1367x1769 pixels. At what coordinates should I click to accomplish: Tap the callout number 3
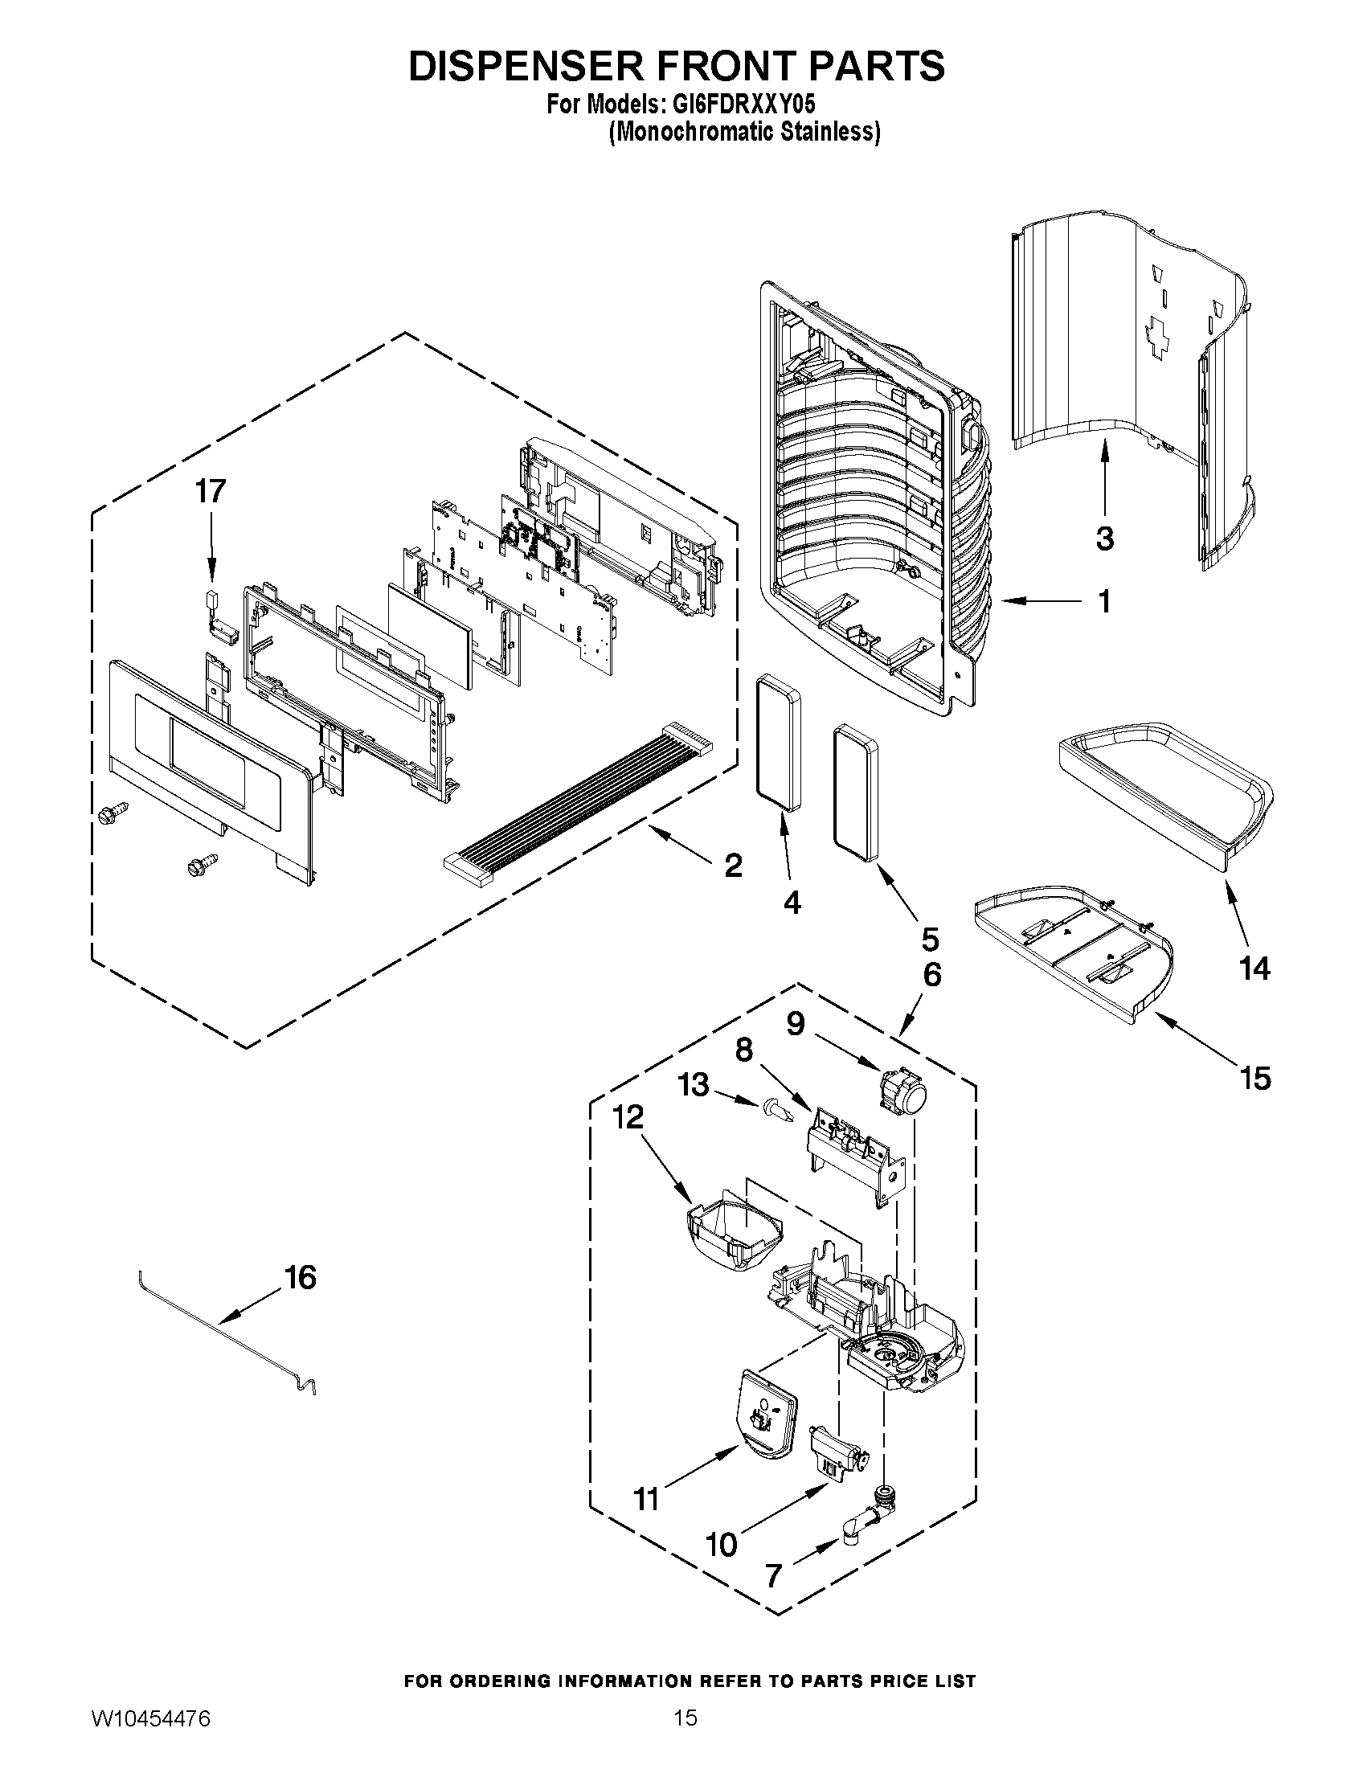tap(1105, 537)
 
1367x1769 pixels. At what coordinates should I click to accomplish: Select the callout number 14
tap(1254, 968)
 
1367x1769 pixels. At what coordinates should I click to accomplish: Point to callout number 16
tap(300, 1277)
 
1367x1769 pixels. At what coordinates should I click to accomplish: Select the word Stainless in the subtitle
tap(829, 132)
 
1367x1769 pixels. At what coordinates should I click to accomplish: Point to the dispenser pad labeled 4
tap(778, 743)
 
